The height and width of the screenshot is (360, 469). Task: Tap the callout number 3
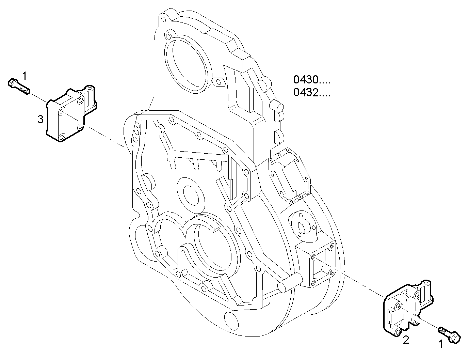pyautogui.click(x=40, y=119)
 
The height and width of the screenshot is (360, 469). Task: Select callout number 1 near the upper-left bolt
pyautogui.click(x=25, y=75)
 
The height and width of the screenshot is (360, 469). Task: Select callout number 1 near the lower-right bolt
pyautogui.click(x=441, y=344)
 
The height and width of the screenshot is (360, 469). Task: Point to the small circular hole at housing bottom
pyautogui.click(x=231, y=320)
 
